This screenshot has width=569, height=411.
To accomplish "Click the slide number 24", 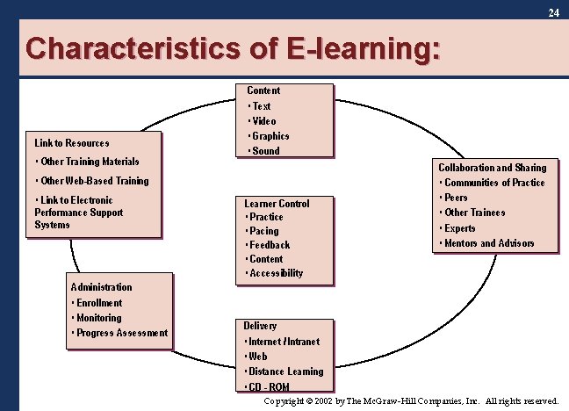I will pos(553,13).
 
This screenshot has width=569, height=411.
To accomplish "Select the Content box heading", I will pos(263,90).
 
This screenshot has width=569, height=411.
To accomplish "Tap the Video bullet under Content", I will pos(263,121).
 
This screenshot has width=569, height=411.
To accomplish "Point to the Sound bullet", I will pos(265,151).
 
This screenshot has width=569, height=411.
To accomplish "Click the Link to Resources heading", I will pos(72,143).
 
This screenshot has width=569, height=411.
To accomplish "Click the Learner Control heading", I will pos(277,204).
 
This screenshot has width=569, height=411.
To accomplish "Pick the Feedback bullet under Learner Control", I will pos(270,245).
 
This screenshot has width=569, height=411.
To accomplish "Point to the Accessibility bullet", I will pos(276,273).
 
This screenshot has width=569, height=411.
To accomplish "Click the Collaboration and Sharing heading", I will pos(492,168).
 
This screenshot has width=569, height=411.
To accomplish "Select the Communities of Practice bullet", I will pos(494,183).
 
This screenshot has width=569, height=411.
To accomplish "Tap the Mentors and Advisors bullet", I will pos(489,243).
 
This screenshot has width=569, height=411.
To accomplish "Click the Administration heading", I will pos(101,287).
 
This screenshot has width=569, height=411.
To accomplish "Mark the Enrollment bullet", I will pos(99,303).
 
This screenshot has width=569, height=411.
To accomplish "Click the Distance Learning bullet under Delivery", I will pos(285,371).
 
